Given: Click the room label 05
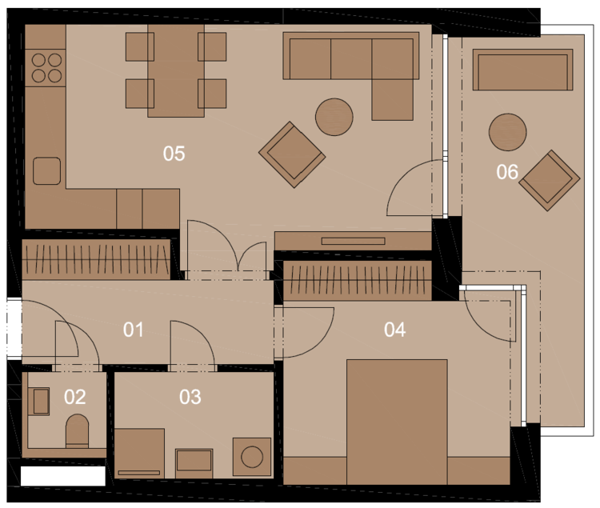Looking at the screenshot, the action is (x=174, y=154).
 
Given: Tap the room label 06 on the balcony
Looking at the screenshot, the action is (x=507, y=172).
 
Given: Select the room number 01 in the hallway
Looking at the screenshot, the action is (x=133, y=330).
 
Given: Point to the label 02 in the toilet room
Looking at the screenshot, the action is (x=74, y=397).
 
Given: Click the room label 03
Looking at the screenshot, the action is (x=190, y=397).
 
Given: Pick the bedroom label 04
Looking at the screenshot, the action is (x=394, y=330).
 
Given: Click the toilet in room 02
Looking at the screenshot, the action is (x=78, y=431).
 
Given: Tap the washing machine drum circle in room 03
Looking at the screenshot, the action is (x=252, y=457).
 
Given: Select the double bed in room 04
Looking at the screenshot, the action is (x=397, y=422).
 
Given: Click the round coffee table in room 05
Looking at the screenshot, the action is (x=334, y=117).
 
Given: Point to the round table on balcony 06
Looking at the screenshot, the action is (x=507, y=132).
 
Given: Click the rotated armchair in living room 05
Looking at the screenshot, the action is (x=292, y=154).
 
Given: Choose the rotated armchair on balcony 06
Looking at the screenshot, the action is (x=550, y=180).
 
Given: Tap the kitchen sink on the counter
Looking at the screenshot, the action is (x=46, y=170).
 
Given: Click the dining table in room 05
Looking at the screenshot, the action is (x=176, y=70).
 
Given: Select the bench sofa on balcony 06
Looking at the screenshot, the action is (x=522, y=70).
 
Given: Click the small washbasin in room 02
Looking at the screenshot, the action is (x=41, y=402).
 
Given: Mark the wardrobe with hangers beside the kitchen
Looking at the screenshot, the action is (x=96, y=259).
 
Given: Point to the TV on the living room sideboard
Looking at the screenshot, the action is (x=353, y=241).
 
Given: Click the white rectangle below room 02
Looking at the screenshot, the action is (x=63, y=476).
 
